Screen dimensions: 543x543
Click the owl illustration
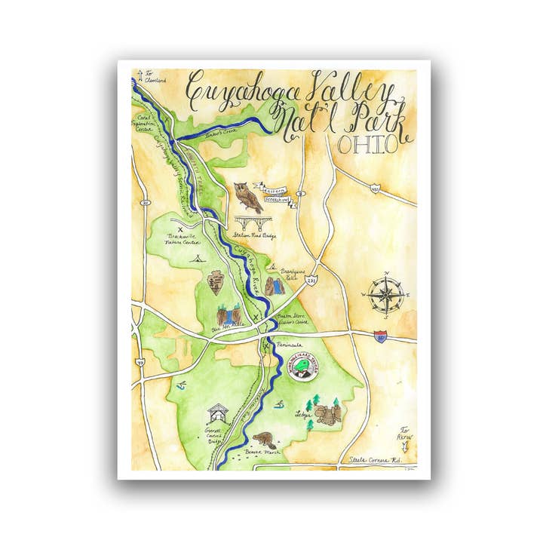(247, 197)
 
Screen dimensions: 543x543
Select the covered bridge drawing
(218, 413)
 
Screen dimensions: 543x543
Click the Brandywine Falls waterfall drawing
(275, 284)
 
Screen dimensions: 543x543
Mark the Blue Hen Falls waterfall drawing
(226, 314)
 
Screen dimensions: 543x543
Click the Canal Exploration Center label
(146, 118)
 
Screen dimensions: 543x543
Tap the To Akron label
(407, 431)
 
